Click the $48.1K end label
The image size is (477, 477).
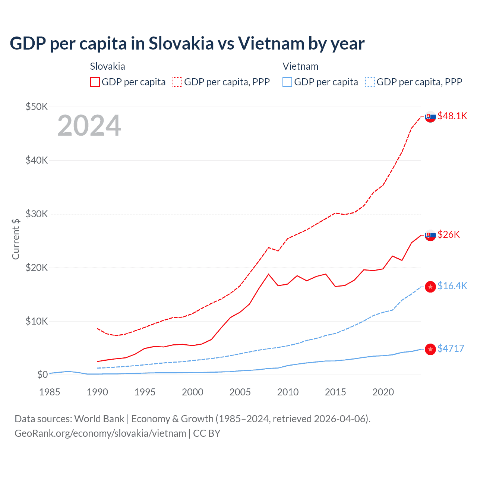pyautogui.click(x=452, y=116)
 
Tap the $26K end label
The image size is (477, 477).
pyautogui.click(x=449, y=234)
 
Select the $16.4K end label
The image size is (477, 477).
pyautogui.click(x=452, y=286)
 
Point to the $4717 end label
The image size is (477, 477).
pyautogui.click(x=451, y=348)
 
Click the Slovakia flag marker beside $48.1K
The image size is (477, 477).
pyautogui.click(x=430, y=117)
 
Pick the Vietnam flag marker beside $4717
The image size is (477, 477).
pyautogui.click(x=430, y=349)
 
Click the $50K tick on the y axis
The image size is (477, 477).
pyautogui.click(x=37, y=107)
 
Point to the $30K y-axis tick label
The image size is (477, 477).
pyautogui.click(x=37, y=214)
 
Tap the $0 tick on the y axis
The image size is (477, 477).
pyautogui.click(x=42, y=375)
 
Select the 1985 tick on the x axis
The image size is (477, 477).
pyautogui.click(x=50, y=392)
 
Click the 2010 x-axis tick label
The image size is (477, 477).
pyautogui.click(x=288, y=392)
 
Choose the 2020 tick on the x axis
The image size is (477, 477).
pyautogui.click(x=383, y=392)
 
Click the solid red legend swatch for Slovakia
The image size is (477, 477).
pyautogui.click(x=95, y=82)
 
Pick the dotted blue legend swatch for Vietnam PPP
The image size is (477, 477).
pyautogui.click(x=370, y=82)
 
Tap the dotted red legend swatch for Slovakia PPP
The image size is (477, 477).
pyautogui.click(x=177, y=82)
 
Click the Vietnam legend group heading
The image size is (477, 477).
pyautogui.click(x=300, y=66)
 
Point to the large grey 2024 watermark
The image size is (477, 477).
pyautogui.click(x=89, y=126)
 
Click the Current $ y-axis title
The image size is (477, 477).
pyautogui.click(x=16, y=239)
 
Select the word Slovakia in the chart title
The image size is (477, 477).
pyautogui.click(x=181, y=43)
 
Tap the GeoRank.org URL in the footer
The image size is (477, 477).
pyautogui.click(x=100, y=433)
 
